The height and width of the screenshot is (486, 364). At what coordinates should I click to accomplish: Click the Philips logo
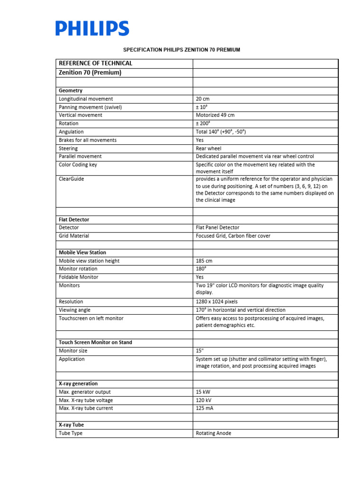pos(92,28)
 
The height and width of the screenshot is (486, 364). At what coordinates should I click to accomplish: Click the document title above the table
pos(182,49)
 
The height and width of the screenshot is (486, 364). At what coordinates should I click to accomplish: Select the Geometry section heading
pos(71,90)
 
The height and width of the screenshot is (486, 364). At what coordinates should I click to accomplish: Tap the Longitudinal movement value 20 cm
pos(202,99)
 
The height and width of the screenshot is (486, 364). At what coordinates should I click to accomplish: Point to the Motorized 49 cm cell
pos(215,115)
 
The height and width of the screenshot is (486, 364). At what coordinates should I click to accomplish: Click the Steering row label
pos(68,148)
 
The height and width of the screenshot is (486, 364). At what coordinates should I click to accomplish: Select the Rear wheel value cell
pos(209,148)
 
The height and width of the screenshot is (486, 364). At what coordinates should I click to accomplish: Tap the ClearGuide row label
pos(72,179)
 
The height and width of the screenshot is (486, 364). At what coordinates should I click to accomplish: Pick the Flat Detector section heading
pos(74,220)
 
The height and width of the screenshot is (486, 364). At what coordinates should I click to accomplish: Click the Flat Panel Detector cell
pos(218,228)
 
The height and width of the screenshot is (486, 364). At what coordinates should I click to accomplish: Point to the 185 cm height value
pos(204,261)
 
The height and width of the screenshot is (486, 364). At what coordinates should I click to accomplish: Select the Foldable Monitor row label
pos(79,277)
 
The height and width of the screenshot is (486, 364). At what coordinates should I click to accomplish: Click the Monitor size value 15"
pos(200,351)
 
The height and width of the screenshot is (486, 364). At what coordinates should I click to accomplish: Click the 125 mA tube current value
pos(205,408)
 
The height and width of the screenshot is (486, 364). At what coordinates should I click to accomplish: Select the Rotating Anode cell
pos(214,433)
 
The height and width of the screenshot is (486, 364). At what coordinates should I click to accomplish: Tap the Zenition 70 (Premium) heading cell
pos(90,73)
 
